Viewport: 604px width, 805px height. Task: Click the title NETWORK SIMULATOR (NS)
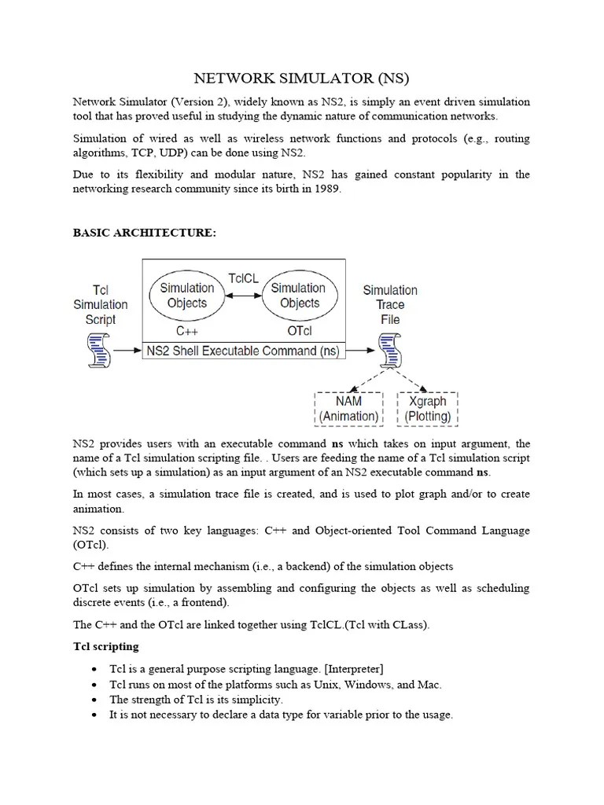(x=302, y=79)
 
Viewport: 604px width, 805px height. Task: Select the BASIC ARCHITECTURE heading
(x=143, y=233)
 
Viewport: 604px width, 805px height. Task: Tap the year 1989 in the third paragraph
(x=326, y=189)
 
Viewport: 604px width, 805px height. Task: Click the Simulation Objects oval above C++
(x=186, y=296)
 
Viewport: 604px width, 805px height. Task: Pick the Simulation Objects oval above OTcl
(x=300, y=296)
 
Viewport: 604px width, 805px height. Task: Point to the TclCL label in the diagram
(x=243, y=278)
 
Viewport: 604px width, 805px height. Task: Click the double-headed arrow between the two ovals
(x=243, y=296)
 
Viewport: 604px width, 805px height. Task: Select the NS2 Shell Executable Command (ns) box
(x=243, y=351)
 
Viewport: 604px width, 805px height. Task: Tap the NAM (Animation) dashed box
(x=348, y=409)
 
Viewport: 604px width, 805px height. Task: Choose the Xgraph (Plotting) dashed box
(x=428, y=409)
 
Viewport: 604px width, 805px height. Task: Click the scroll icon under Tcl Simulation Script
(x=99, y=350)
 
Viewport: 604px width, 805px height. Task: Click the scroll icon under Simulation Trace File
(x=389, y=350)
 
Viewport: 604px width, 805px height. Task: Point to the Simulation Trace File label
(x=390, y=305)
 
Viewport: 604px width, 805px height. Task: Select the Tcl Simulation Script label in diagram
(x=100, y=305)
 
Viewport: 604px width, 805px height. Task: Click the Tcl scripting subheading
(x=105, y=646)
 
